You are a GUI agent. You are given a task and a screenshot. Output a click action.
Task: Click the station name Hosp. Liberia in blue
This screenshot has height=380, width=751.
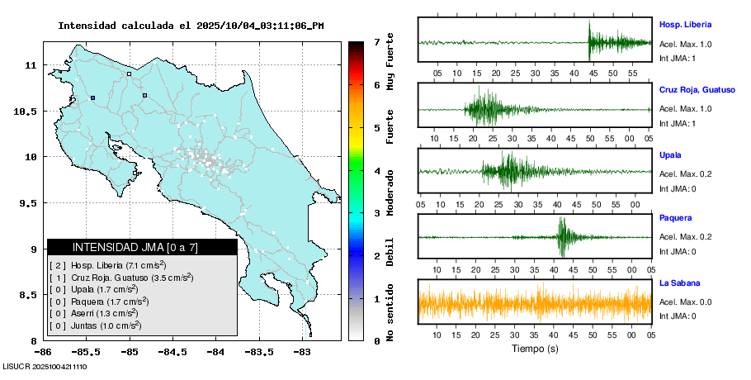[685, 25]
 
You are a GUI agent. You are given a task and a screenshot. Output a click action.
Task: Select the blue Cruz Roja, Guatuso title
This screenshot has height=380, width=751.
[697, 89]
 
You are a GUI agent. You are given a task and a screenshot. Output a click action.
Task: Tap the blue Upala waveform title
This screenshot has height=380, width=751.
[671, 154]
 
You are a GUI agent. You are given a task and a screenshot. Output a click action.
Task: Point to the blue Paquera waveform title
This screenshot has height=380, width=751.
[676, 219]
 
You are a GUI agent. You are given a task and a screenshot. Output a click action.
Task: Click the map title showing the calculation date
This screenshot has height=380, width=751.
[191, 26]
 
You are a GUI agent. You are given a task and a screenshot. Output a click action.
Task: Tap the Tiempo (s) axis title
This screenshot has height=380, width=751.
[535, 349]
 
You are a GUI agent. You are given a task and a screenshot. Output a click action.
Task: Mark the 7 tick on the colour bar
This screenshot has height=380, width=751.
[376, 41]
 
